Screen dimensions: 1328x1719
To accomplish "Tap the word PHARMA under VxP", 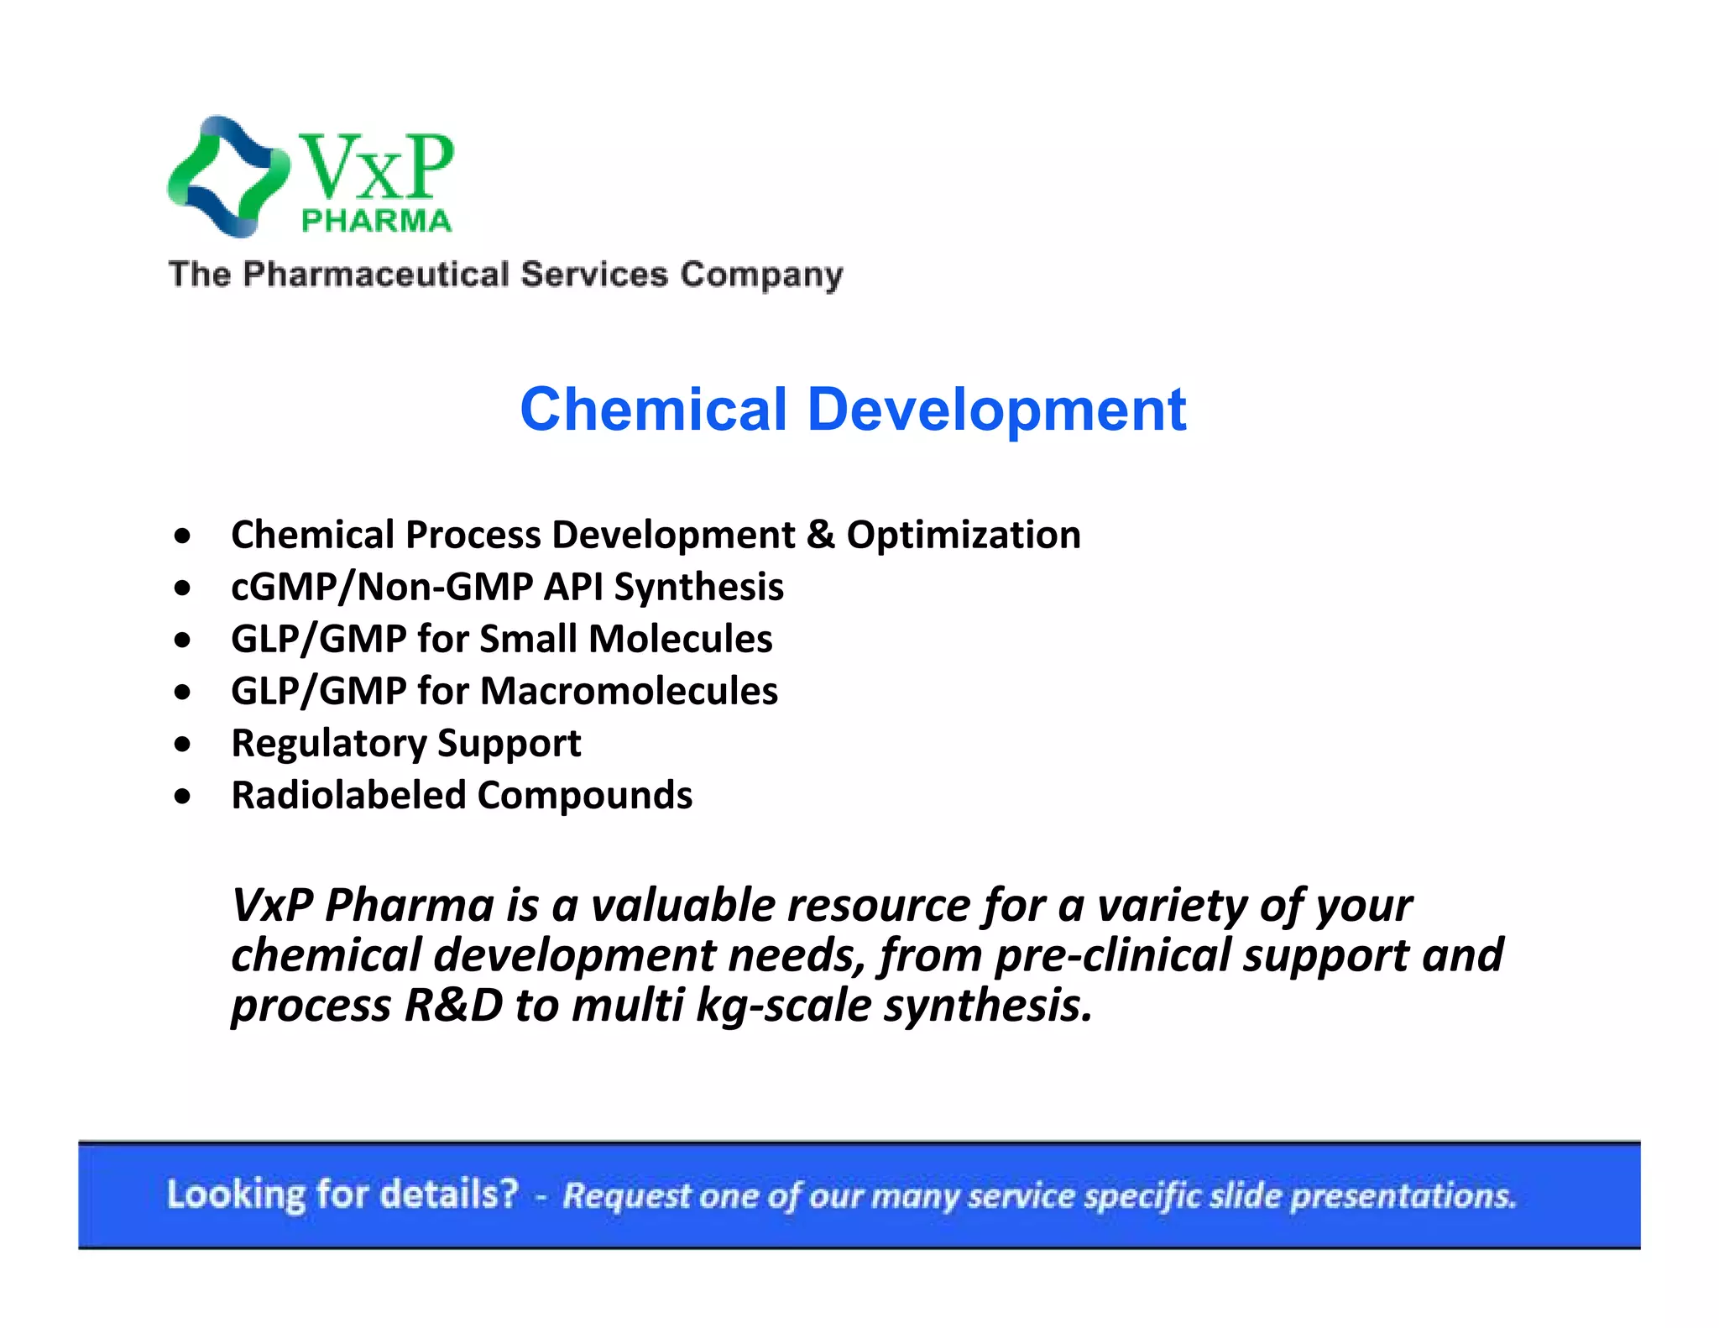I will pyautogui.click(x=376, y=221).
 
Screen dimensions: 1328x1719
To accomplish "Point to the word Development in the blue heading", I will pyautogui.click(x=996, y=410).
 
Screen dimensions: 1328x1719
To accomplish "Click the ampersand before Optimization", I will pyautogui.click(x=820, y=536).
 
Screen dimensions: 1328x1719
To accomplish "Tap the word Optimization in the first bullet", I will pyautogui.click(x=963, y=536).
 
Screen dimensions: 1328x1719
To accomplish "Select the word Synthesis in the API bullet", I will pyautogui.click(x=698, y=587).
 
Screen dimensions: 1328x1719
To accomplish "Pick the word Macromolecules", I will pyautogui.click(x=629, y=691).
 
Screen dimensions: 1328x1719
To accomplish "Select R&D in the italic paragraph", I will pyautogui.click(x=453, y=1006).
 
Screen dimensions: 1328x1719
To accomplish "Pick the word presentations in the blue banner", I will pyautogui.click(x=1403, y=1195).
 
